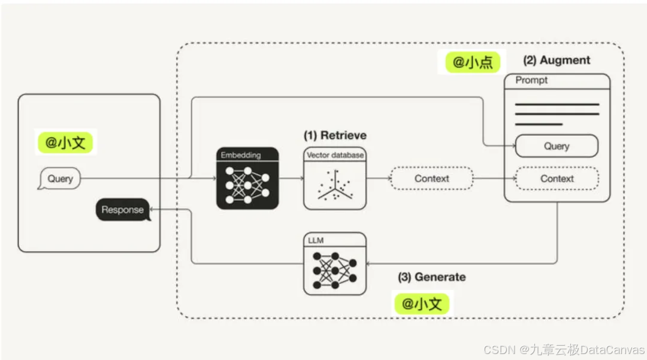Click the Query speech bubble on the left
coord(60,179)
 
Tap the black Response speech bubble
coord(123,210)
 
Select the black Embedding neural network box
coord(247,179)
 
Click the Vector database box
coord(334,179)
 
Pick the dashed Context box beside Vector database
coord(431,179)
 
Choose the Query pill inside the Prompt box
coord(557,146)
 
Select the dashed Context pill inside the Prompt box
coord(557,179)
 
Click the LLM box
coord(334,264)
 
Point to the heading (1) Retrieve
coord(335,135)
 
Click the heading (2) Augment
coord(557,60)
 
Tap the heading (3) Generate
coord(431,277)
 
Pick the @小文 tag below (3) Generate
coord(421,304)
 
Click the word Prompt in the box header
coord(531,80)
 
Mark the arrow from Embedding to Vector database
coord(291,179)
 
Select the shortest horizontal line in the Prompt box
coord(539,125)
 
